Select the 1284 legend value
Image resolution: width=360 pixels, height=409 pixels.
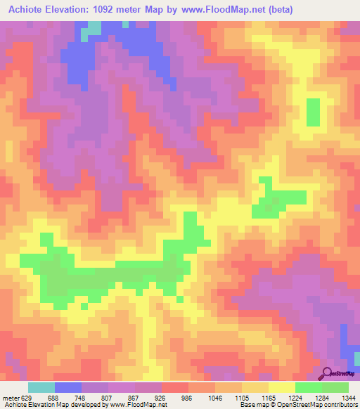323,398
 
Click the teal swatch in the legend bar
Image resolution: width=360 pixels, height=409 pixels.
41,387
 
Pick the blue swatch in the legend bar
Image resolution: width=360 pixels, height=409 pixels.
67,387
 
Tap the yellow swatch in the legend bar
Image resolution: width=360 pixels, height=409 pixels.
281,387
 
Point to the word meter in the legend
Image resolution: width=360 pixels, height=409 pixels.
10,398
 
